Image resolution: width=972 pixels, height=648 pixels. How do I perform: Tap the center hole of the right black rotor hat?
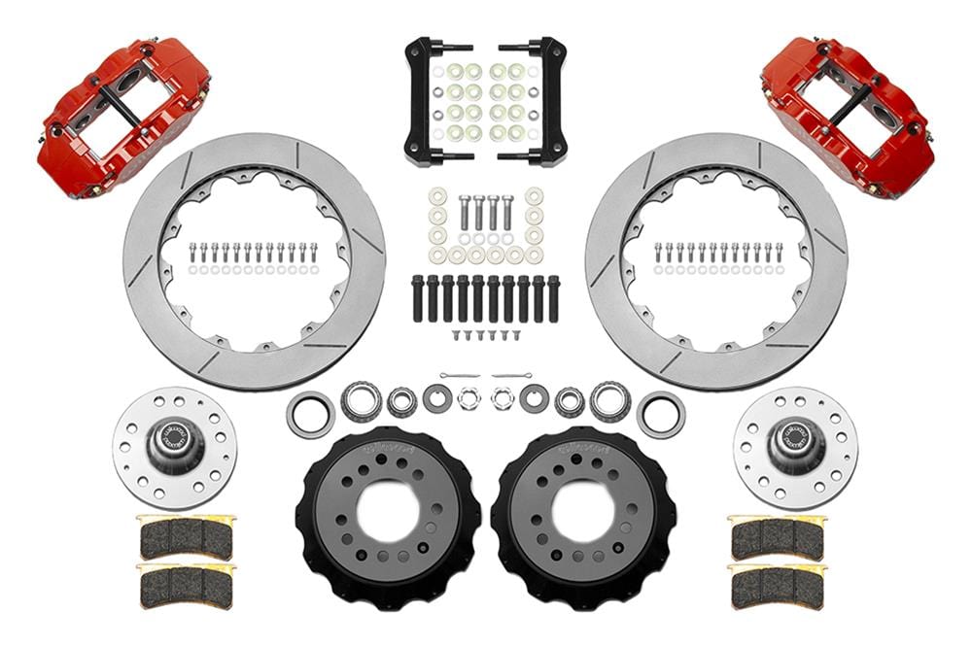pyautogui.click(x=583, y=509)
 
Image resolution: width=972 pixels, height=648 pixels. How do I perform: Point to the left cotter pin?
pyautogui.click(x=458, y=375)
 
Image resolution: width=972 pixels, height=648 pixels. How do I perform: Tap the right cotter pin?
pyautogui.click(x=512, y=375)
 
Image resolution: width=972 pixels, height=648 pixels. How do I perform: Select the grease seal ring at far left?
pyautogui.click(x=310, y=414)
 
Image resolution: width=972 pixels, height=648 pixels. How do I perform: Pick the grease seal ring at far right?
pyautogui.click(x=661, y=414)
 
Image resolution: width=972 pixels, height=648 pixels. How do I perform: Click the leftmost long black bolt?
pyautogui.click(x=418, y=298)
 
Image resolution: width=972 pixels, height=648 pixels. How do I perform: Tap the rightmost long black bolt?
pyautogui.click(x=553, y=298)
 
